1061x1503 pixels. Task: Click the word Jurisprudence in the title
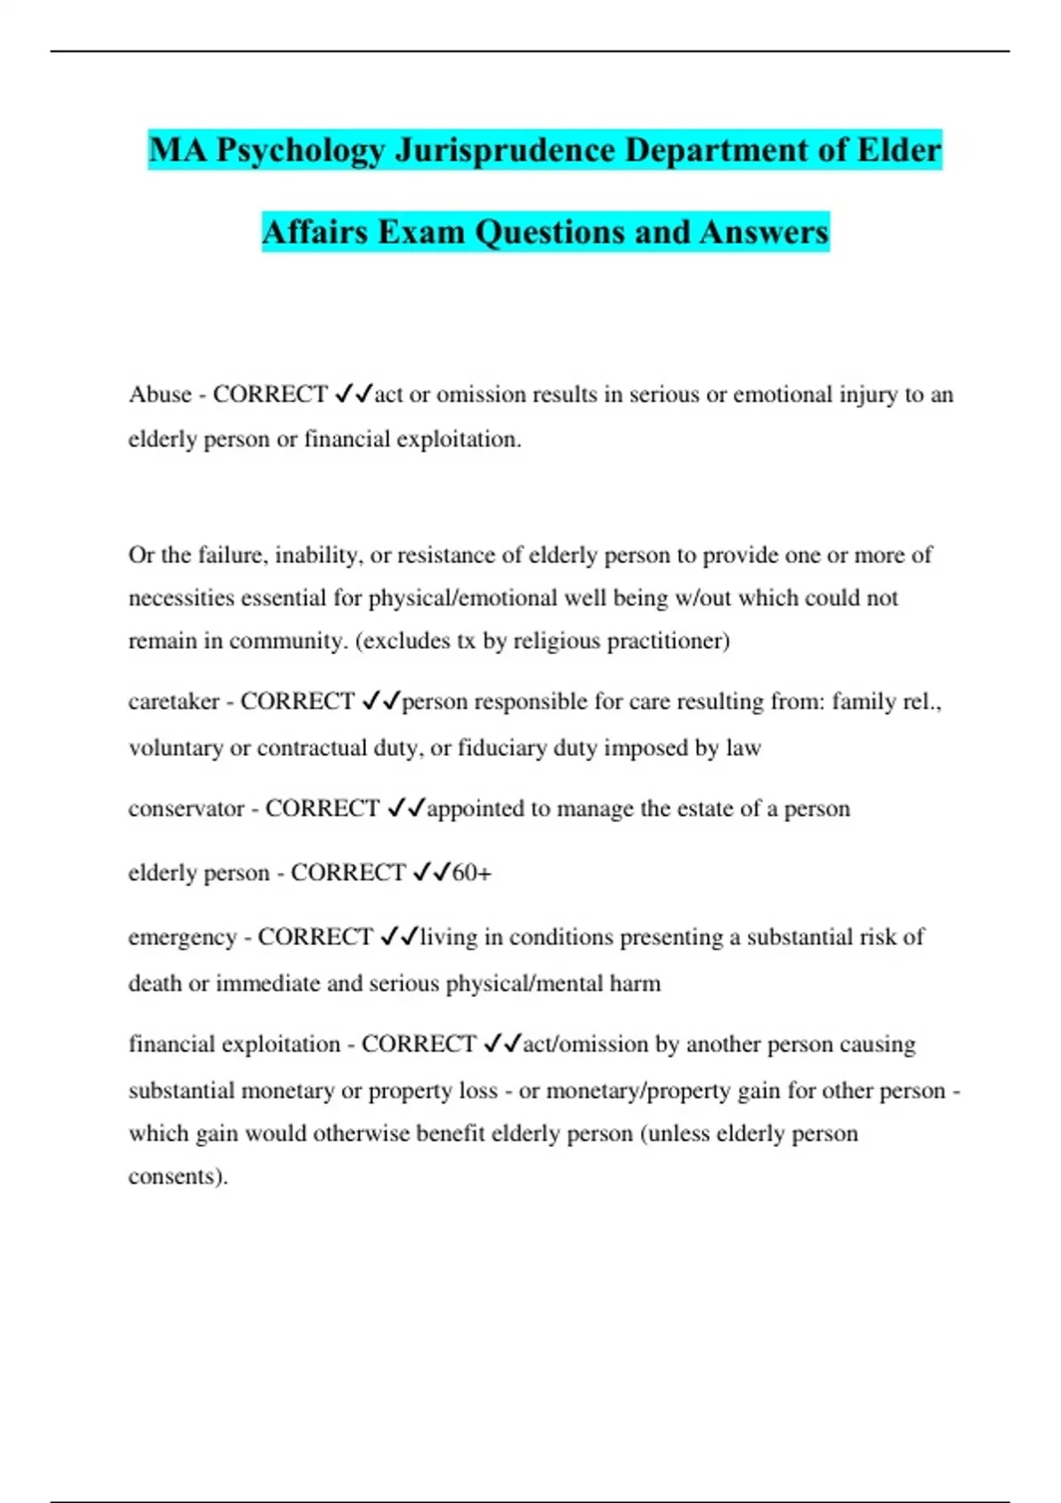(x=504, y=149)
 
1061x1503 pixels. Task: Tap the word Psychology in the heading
(x=300, y=151)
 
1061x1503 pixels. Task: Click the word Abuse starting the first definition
(x=160, y=394)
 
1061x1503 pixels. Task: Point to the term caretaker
(x=173, y=702)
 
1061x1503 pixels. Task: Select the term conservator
(x=186, y=809)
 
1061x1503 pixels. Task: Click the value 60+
(x=471, y=874)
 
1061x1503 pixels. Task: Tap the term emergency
(x=182, y=938)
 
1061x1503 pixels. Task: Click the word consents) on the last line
(x=178, y=1177)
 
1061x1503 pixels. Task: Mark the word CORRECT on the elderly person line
(x=347, y=874)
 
